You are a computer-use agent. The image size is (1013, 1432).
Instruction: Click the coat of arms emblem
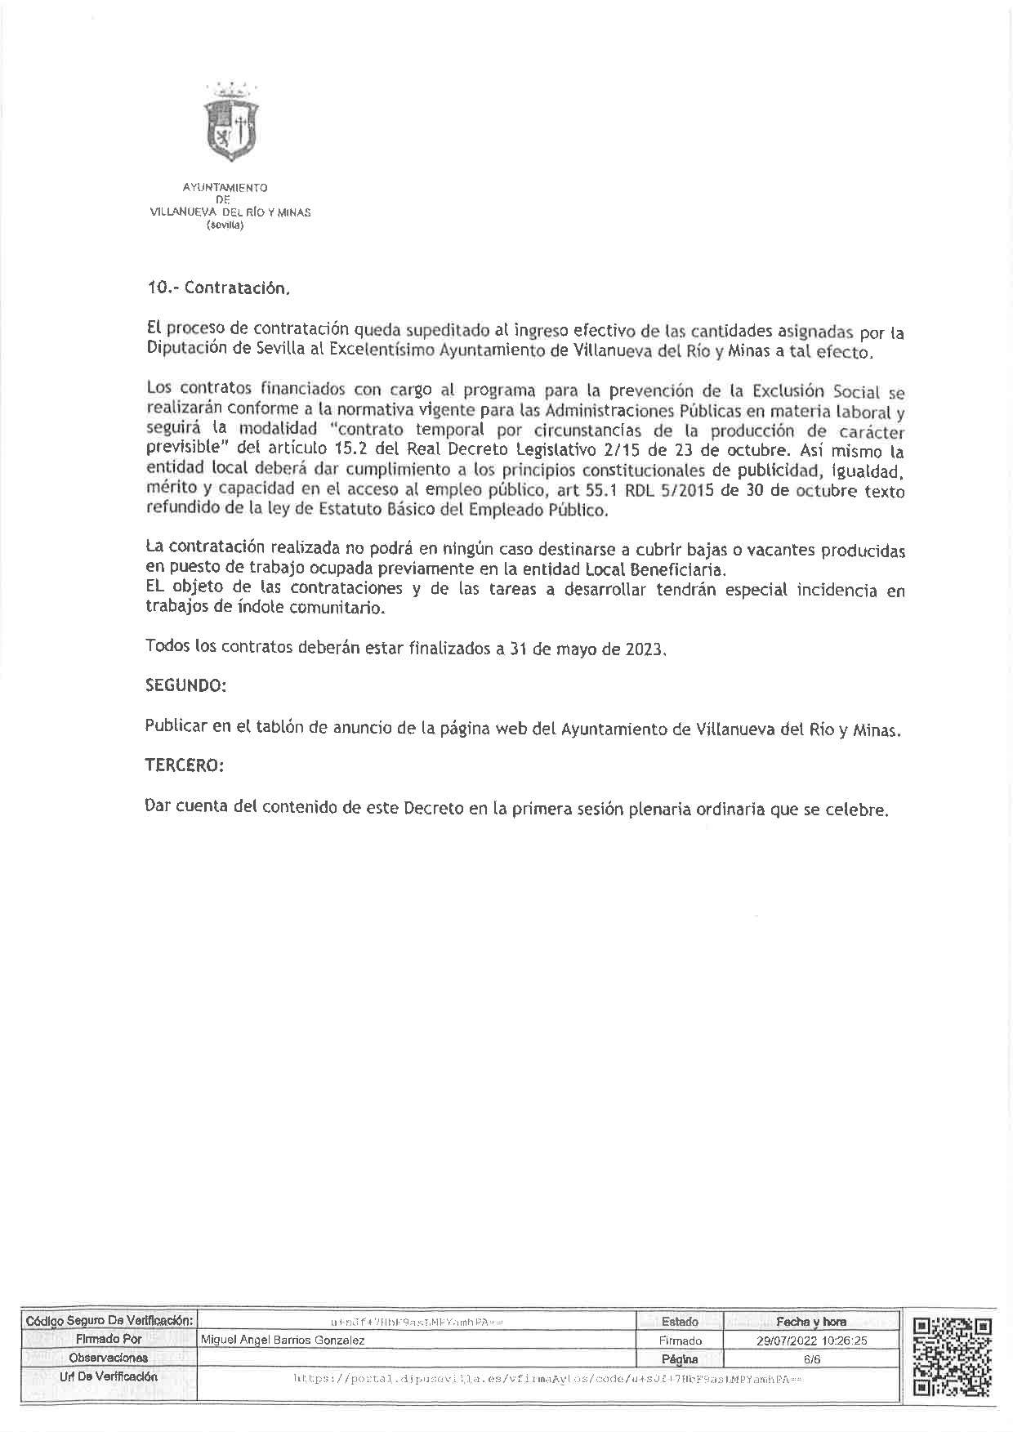pos(231,123)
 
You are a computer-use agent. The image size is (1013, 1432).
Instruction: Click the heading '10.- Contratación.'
pos(218,288)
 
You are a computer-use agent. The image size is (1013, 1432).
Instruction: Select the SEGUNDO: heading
pos(185,685)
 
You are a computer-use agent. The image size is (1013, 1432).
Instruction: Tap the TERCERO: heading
pos(184,765)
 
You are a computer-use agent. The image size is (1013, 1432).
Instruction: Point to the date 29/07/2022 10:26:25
pos(811,1341)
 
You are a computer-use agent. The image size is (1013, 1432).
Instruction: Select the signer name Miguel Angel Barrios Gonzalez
pos(283,1341)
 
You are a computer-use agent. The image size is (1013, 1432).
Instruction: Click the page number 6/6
pos(811,1360)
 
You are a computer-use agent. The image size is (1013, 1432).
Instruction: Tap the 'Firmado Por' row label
pos(109,1340)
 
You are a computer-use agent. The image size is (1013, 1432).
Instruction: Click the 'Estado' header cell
pos(680,1322)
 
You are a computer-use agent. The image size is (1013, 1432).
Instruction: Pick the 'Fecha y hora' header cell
pos(811,1322)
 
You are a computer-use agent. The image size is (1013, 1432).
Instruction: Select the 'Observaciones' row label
pos(109,1358)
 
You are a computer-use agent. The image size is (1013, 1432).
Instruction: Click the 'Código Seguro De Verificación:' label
pos(109,1321)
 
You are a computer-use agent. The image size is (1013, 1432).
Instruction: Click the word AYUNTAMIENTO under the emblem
pos(225,188)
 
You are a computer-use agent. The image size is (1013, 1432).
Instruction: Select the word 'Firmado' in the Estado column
pos(680,1341)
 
